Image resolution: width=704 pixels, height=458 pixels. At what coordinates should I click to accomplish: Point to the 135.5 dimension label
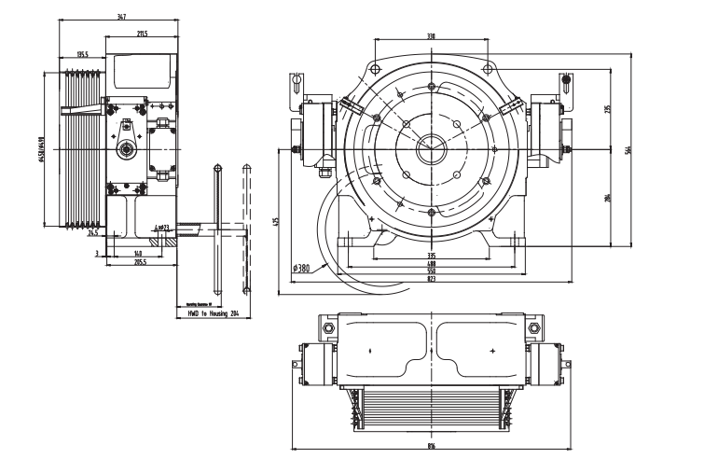pos(83,55)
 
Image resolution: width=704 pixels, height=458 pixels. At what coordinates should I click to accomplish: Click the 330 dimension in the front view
pos(431,36)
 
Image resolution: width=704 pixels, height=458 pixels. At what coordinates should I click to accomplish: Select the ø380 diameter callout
pos(301,269)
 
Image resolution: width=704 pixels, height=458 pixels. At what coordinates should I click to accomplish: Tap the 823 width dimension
pos(431,280)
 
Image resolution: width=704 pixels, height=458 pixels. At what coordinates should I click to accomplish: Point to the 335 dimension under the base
pos(431,254)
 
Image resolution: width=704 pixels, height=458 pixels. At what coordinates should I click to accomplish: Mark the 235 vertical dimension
pos(608,109)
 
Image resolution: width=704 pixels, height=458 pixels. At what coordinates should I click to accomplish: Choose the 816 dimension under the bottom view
pos(431,447)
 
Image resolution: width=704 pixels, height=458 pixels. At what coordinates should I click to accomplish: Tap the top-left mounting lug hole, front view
pos(371,68)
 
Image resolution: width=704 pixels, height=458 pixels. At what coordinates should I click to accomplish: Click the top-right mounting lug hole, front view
pos(490,68)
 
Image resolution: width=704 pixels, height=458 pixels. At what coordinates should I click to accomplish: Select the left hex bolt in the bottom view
pos(326,328)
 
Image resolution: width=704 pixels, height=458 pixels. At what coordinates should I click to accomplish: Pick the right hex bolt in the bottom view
pos(535,328)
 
